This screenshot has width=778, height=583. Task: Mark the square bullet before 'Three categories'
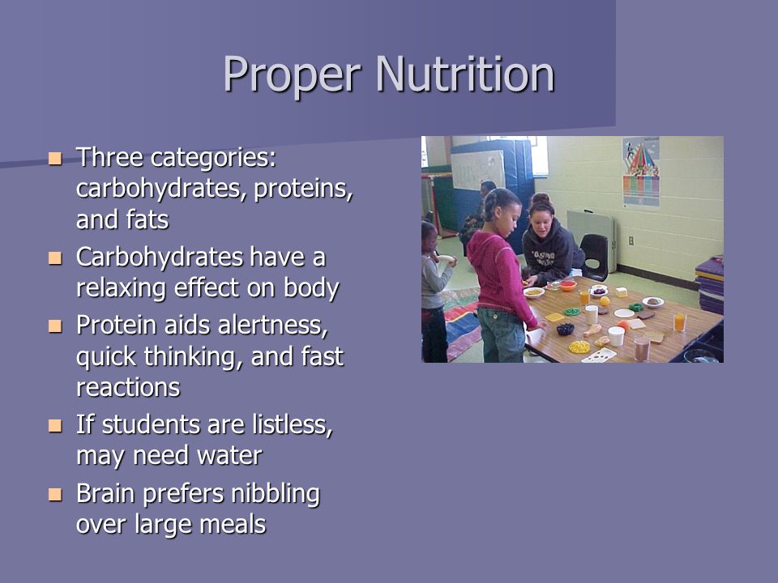pyautogui.click(x=55, y=156)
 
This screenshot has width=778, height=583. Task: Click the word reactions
pyautogui.click(x=127, y=387)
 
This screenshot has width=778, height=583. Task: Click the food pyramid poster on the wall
pyautogui.click(x=640, y=172)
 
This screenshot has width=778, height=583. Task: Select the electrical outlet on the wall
pyautogui.click(x=631, y=240)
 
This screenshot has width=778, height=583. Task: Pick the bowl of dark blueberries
pyautogui.click(x=565, y=329)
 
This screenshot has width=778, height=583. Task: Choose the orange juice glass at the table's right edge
pyautogui.click(x=679, y=321)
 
